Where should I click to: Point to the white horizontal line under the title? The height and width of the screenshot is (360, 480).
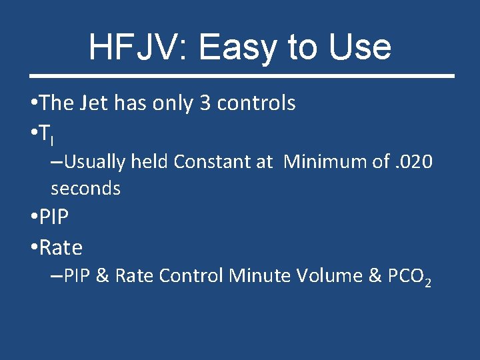(x=239, y=76)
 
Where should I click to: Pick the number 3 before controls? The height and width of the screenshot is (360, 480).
(x=205, y=103)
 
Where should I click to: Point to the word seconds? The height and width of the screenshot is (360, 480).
(x=85, y=189)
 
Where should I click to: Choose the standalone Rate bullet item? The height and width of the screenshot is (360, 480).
(x=61, y=248)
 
